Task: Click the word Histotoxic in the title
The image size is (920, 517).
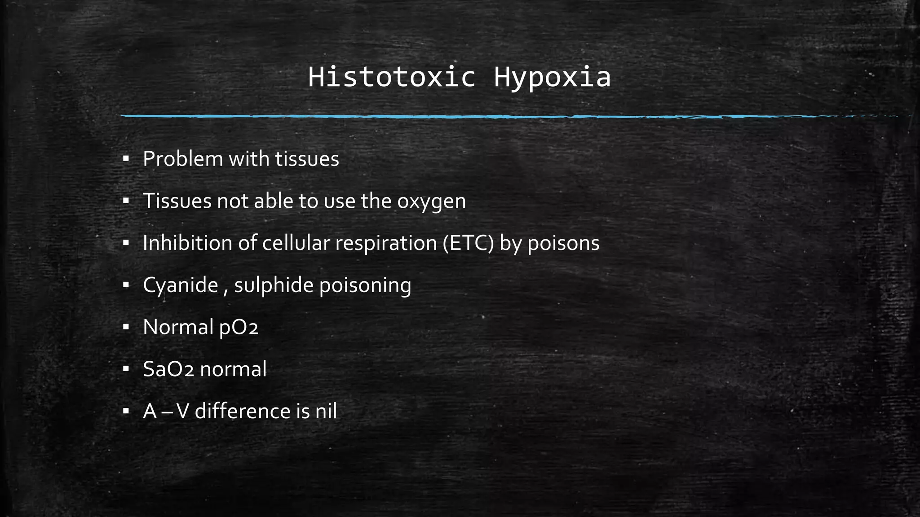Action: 391,77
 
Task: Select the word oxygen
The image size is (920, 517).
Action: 431,202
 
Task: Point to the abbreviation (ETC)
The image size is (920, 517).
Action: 468,243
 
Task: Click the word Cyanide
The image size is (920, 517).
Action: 181,285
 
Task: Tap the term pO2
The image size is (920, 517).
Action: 239,328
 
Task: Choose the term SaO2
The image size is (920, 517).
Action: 168,369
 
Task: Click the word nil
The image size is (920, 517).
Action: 326,411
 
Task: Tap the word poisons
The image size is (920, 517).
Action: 563,244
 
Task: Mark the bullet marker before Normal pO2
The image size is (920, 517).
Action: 126,327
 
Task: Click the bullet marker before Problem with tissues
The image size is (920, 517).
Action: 126,159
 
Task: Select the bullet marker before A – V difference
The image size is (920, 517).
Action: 126,411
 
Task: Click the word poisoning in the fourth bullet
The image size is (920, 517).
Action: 365,285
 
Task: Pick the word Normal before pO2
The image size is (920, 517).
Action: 178,327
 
